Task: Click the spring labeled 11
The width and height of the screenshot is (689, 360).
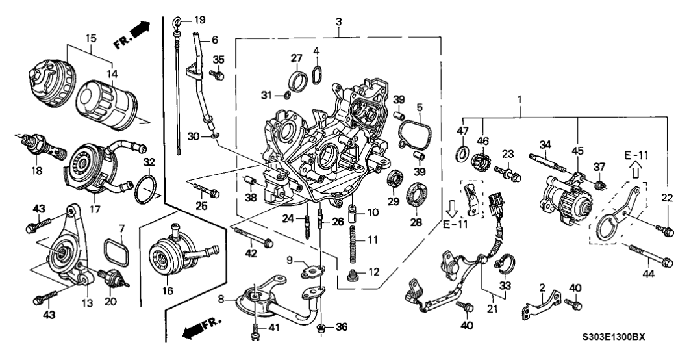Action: pyautogui.click(x=355, y=250)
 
